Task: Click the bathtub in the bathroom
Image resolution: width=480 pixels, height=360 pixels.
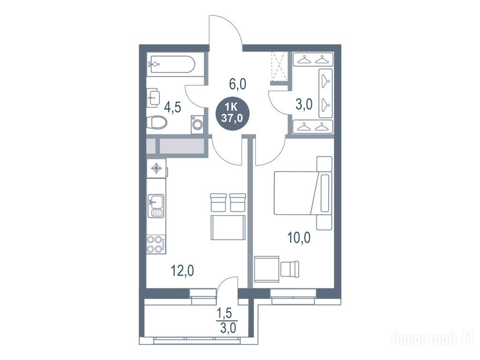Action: (x=173, y=64)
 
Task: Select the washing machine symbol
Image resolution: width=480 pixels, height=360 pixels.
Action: (x=197, y=124)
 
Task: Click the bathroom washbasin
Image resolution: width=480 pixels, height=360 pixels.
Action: (x=153, y=97)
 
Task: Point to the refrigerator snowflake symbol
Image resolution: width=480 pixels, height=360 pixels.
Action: (x=156, y=168)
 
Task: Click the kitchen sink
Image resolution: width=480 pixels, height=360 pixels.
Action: (x=156, y=205)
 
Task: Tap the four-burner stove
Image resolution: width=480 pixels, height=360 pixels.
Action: (x=156, y=244)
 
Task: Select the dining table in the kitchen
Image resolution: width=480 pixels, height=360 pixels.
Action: (x=228, y=227)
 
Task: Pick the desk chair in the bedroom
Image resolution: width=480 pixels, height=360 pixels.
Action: (x=290, y=269)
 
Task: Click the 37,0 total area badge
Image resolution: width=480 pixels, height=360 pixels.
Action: (x=232, y=113)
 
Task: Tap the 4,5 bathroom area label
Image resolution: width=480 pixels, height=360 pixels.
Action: (x=172, y=107)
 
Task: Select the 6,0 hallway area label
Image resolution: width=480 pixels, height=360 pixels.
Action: (x=238, y=83)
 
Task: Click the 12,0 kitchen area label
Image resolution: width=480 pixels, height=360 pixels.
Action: (x=182, y=270)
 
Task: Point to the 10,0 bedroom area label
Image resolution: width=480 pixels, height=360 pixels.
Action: (x=299, y=238)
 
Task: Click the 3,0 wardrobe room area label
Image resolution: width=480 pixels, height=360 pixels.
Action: (x=304, y=104)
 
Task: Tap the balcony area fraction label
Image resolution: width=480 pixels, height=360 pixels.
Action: (x=226, y=321)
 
